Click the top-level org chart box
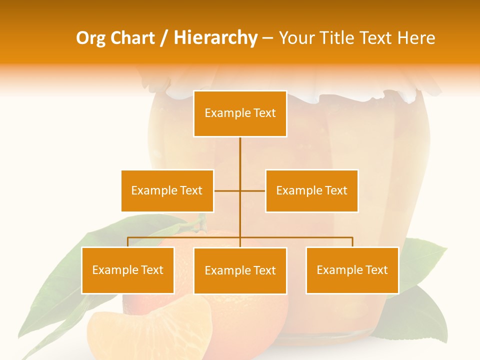point(240,113)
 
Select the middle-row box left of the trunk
point(167,190)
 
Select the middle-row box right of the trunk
point(311,190)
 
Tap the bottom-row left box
point(127,270)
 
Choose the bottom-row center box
point(240,270)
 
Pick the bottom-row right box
point(352,270)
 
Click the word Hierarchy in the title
point(215,37)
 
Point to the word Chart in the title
point(133,37)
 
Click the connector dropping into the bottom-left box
point(127,242)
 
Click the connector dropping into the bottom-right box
point(352,242)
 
